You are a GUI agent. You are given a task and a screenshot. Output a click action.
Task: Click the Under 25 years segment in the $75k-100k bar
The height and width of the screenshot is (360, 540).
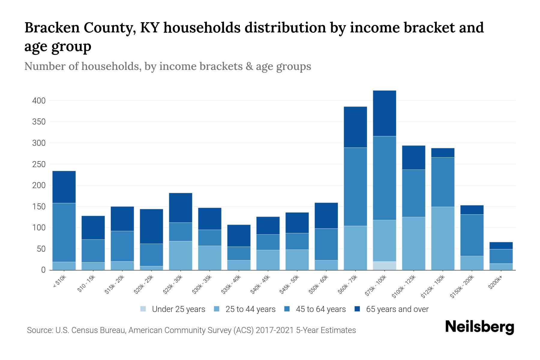click(384, 266)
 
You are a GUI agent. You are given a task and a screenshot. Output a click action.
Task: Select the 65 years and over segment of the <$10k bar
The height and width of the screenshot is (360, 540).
click(64, 187)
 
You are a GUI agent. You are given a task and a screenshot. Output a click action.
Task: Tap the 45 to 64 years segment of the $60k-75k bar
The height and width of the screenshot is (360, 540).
click(355, 187)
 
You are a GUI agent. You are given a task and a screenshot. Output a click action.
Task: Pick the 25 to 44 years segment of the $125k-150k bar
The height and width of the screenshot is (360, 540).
click(442, 238)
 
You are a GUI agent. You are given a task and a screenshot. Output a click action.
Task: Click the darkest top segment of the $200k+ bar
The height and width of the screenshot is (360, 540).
click(501, 245)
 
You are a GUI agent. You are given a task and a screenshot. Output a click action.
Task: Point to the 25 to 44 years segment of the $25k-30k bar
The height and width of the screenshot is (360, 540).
click(180, 256)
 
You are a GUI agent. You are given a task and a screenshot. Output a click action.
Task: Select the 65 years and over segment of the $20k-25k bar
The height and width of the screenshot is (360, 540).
click(151, 226)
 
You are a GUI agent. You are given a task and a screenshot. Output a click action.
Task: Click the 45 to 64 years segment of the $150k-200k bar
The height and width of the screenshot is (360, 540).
click(472, 235)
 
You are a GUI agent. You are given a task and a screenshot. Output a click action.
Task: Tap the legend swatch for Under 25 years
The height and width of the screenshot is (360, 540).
click(143, 309)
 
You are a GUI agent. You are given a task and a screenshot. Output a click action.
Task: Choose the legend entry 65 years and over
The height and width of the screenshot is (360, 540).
click(397, 309)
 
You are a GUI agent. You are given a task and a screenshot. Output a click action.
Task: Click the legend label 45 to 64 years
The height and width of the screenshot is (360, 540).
click(321, 309)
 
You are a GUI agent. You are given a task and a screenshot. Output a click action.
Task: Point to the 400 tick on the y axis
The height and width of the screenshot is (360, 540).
click(39, 101)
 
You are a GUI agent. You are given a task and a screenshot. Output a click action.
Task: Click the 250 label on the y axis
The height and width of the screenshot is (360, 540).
click(39, 164)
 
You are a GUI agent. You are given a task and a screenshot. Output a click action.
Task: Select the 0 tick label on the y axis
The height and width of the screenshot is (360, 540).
click(43, 270)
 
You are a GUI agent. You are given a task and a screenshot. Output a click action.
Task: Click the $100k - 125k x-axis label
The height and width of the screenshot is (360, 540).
click(404, 286)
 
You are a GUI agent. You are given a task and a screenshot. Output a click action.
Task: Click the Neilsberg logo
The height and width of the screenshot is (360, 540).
click(479, 327)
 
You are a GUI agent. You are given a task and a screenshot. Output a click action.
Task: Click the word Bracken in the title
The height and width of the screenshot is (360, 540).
click(51, 28)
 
